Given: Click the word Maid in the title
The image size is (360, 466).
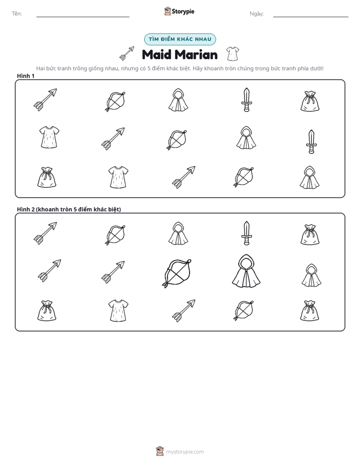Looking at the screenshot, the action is pyautogui.click(x=157, y=54).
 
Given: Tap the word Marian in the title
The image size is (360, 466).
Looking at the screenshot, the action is pyautogui.click(x=196, y=54).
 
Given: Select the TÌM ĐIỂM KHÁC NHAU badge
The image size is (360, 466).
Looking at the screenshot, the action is pyautogui.click(x=180, y=39).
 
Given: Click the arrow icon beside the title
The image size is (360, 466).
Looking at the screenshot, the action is pyautogui.click(x=127, y=53).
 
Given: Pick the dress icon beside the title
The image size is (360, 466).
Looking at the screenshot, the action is pyautogui.click(x=232, y=53).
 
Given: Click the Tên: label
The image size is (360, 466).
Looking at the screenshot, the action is pyautogui.click(x=17, y=14).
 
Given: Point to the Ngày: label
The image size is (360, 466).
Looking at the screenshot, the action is pyautogui.click(x=257, y=14).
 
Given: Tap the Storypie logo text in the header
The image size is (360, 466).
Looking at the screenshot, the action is pyautogui.click(x=183, y=12).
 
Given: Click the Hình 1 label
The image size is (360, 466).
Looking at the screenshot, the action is pyautogui.click(x=26, y=76).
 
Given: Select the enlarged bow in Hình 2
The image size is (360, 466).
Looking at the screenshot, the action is pyautogui.click(x=177, y=273).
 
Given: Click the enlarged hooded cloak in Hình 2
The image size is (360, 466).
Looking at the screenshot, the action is pyautogui.click(x=246, y=271).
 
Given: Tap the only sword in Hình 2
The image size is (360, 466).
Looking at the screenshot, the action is pyautogui.click(x=247, y=233).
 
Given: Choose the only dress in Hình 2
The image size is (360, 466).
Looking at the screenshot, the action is pyautogui.click(x=118, y=310).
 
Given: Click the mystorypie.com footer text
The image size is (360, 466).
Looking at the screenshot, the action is pyautogui.click(x=185, y=452).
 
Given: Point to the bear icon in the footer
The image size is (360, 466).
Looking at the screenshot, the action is pyautogui.click(x=160, y=451).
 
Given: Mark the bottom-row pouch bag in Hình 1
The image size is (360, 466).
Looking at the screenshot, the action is pyautogui.click(x=46, y=178).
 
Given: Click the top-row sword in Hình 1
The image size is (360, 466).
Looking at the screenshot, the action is pyautogui.click(x=247, y=99).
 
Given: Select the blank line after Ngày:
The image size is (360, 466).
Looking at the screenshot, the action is pyautogui.click(x=311, y=17).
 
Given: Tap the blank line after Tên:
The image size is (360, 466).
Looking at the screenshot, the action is pyautogui.click(x=83, y=17).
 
